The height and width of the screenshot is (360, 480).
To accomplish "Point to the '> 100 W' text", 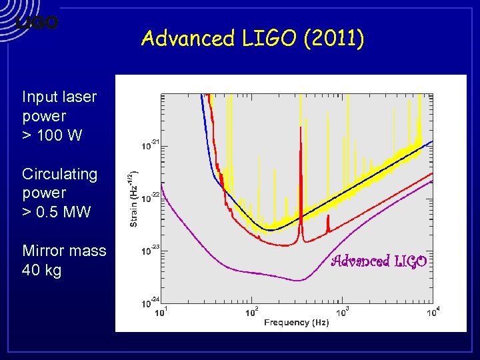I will (x=52, y=135).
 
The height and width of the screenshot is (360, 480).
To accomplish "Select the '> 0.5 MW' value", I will (x=56, y=212).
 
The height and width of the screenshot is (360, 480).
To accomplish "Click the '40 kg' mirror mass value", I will (x=41, y=270).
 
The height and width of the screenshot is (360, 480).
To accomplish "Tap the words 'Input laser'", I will (x=59, y=97).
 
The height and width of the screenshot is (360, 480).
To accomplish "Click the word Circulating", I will (x=59, y=174).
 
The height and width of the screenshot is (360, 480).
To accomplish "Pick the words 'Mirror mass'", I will (x=64, y=251).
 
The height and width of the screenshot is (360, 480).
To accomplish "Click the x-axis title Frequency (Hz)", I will (x=296, y=323).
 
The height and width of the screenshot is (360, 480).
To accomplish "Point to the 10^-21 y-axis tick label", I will (x=150, y=144).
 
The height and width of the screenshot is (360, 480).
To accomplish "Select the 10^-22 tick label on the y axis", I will (x=150, y=197).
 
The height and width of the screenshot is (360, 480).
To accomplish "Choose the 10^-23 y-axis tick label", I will (x=150, y=250).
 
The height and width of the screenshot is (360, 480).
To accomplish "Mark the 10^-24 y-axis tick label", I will (x=150, y=301).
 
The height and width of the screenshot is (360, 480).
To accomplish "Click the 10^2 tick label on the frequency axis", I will (x=252, y=311).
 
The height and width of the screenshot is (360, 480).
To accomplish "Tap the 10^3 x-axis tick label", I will (x=343, y=311).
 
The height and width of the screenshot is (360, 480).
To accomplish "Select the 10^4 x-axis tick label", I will (x=433, y=311).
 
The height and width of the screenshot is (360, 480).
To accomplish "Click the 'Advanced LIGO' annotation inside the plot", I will (x=379, y=261).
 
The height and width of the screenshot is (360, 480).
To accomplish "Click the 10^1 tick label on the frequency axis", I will (x=162, y=311).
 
